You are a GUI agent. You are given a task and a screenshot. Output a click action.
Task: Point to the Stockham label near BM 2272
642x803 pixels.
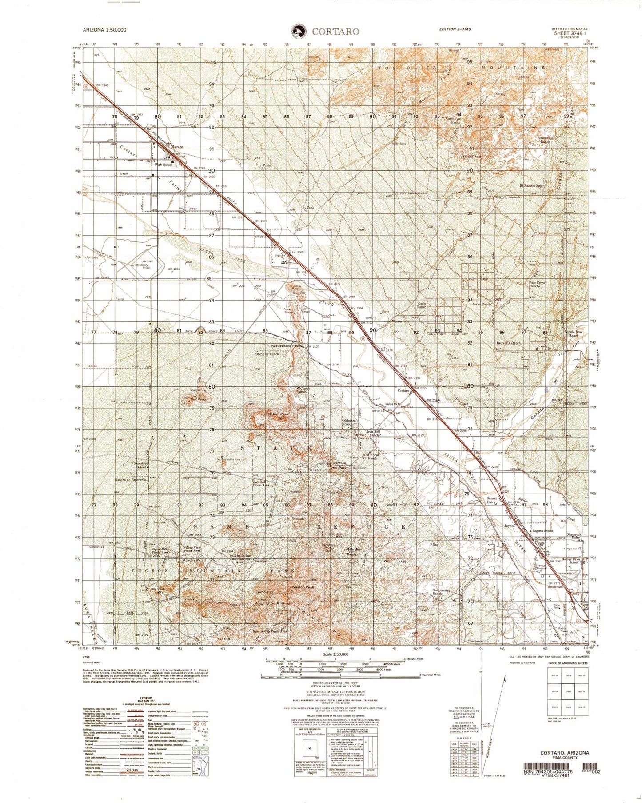(556, 587)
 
